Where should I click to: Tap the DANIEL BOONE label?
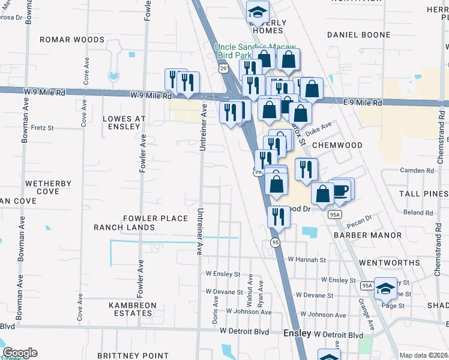coord(359,35)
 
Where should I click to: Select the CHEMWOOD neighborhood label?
coord(338,145)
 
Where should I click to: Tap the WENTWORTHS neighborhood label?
coord(390,263)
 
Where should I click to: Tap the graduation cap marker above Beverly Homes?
coord(258,11)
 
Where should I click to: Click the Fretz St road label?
coord(43,128)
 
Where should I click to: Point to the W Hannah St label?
coord(306,260)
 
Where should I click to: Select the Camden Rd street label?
coord(421,171)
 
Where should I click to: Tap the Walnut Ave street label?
coord(250,289)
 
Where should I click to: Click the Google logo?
coord(19,353)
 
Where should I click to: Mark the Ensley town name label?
coord(297,333)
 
